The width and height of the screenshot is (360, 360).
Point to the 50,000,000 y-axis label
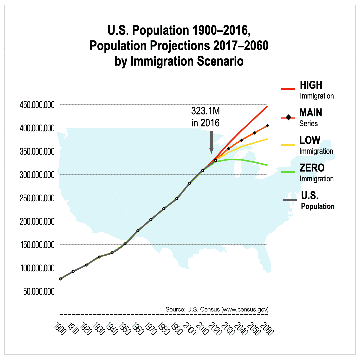[x=37, y=292]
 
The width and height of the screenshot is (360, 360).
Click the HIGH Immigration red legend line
[x=288, y=89]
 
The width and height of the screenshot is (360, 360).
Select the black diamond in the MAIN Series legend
[x=289, y=117]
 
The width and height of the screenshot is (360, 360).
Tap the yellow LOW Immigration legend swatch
[x=288, y=145]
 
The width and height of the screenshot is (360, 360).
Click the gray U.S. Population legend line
[x=289, y=200]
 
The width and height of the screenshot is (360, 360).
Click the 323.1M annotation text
[x=206, y=111]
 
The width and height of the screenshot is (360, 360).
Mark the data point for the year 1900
[x=60, y=279]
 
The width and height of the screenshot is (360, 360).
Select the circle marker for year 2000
[x=190, y=183]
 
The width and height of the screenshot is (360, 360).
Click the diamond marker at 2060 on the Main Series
[x=267, y=126]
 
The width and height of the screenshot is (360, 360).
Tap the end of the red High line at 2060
[x=267, y=106]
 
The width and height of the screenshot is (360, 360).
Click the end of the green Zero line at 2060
[x=267, y=165]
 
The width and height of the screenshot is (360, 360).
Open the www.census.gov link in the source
[x=245, y=309]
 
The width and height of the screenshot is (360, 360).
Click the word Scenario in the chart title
[x=217, y=62]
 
